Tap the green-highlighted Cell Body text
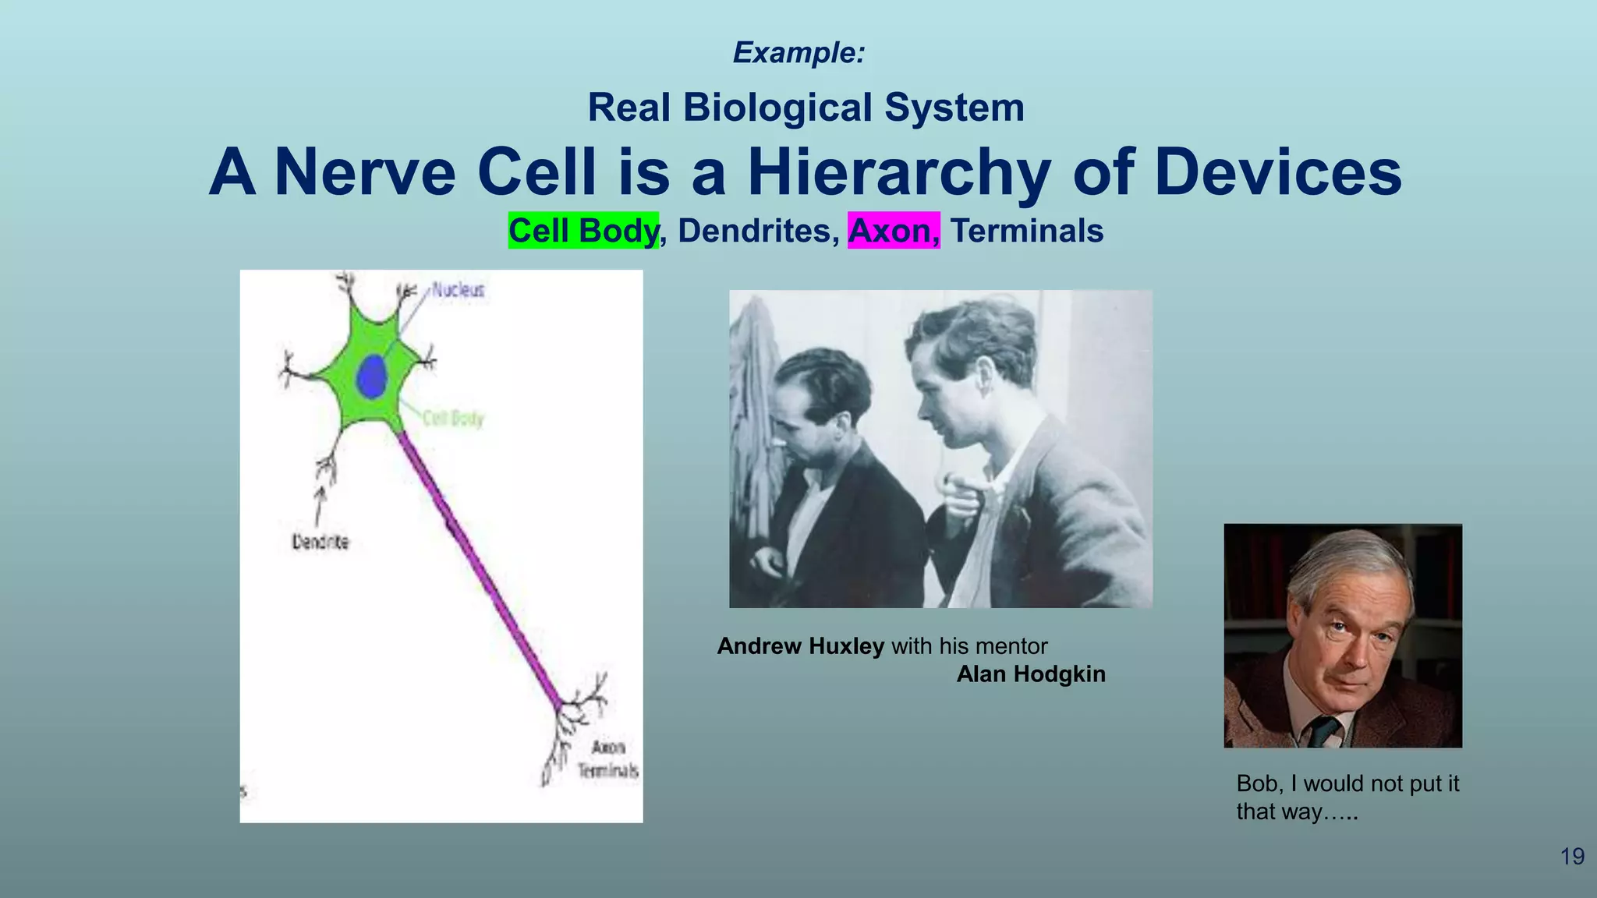(583, 231)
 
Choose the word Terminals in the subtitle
(1026, 231)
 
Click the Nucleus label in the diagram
(458, 290)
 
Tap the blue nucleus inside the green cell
(372, 377)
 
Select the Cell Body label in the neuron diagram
(453, 419)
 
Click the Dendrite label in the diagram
(320, 541)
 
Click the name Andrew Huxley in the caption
(800, 646)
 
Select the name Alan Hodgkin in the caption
(1030, 674)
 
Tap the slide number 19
(1572, 857)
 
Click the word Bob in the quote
(1255, 783)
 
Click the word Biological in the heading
(777, 108)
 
